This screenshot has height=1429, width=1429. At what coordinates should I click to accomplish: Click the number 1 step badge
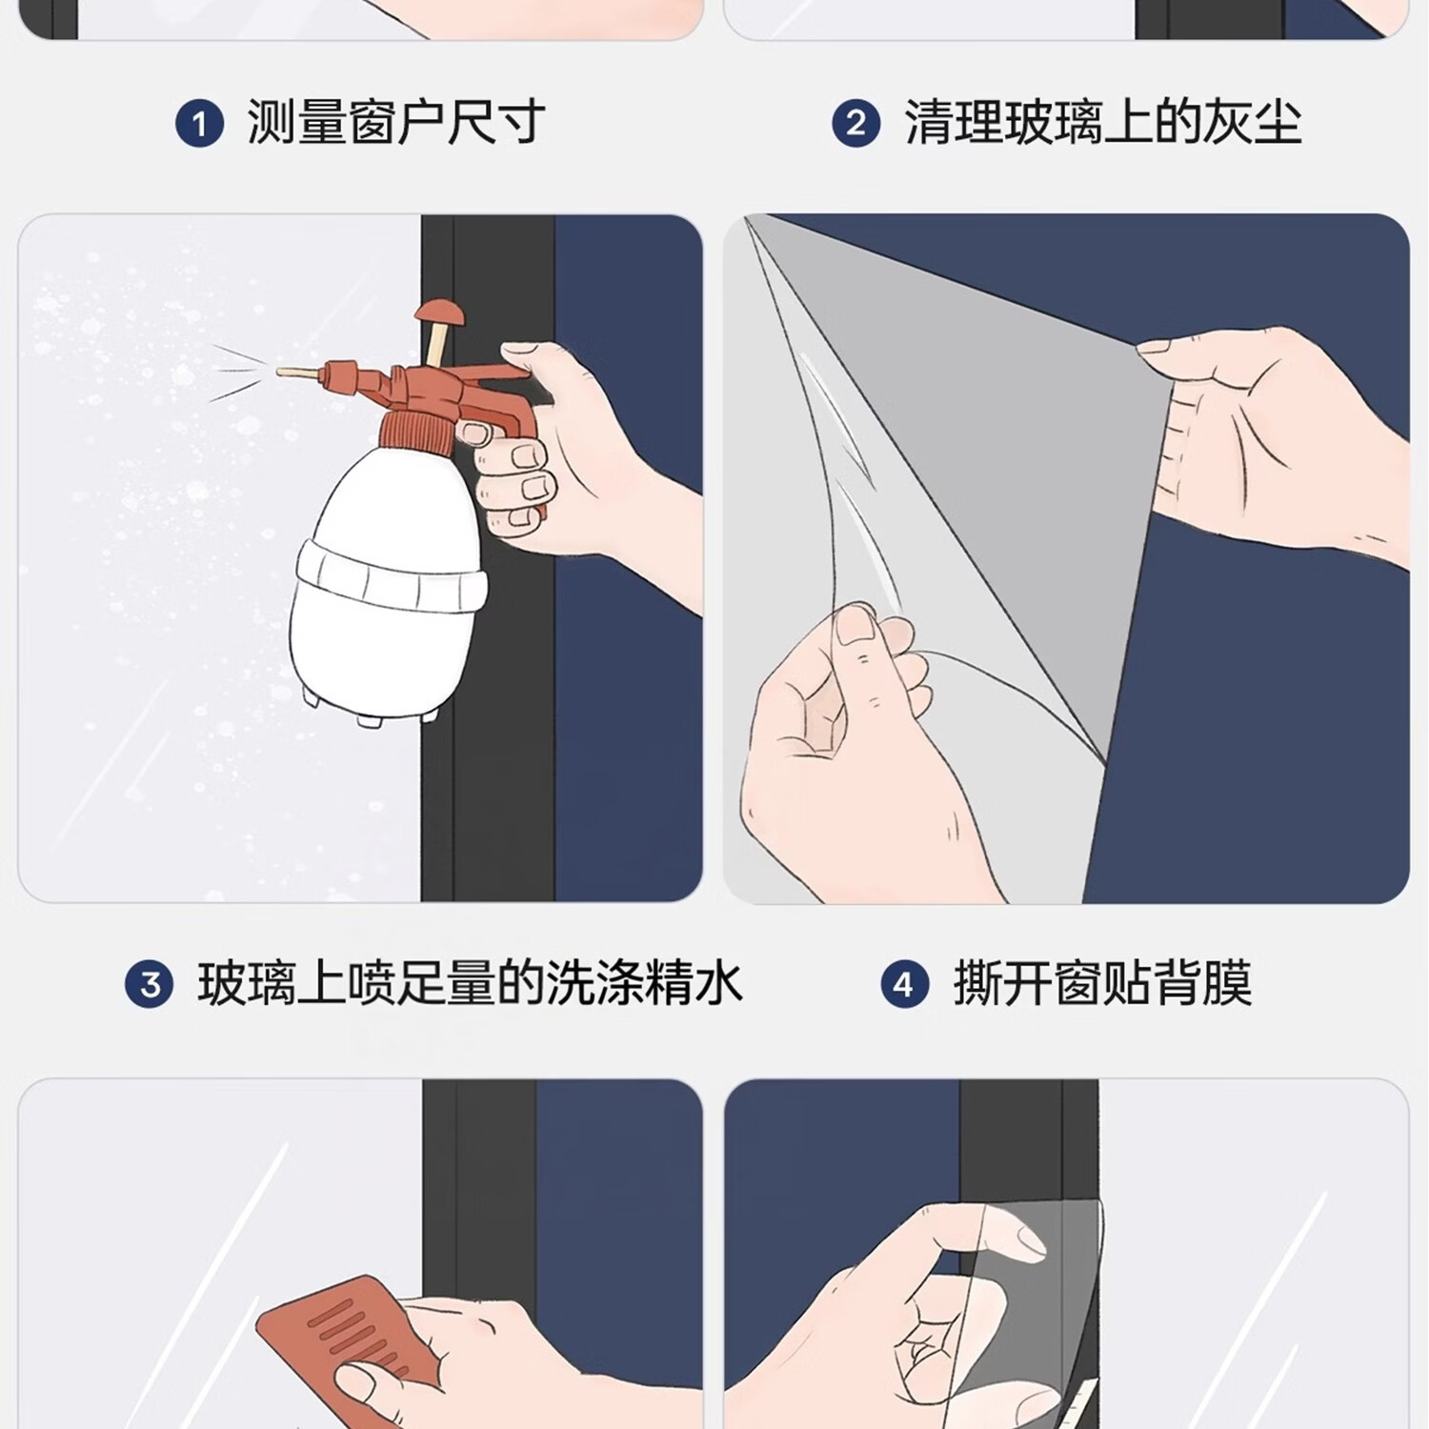pos(199,124)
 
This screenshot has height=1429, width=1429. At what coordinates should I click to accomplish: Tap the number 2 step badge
pos(856,124)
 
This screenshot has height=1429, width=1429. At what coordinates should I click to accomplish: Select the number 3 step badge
pos(150,984)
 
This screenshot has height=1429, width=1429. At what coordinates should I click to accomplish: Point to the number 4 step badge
pos(904,984)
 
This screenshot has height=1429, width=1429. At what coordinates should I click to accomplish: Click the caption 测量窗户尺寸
pos(396,123)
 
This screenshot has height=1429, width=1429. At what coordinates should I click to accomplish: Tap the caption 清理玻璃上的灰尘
pos(1103,123)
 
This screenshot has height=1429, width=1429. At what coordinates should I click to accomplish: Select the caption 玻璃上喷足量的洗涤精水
pos(470,983)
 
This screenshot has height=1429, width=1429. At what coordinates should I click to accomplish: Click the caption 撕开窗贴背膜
pos(1103,983)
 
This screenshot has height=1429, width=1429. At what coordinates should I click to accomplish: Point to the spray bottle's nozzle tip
pos(282,371)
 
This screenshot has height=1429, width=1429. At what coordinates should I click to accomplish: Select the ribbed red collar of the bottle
pos(417,428)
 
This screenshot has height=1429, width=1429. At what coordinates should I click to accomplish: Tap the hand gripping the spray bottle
pos(581,457)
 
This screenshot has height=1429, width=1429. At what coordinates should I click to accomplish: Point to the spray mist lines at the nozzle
pos(238,372)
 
